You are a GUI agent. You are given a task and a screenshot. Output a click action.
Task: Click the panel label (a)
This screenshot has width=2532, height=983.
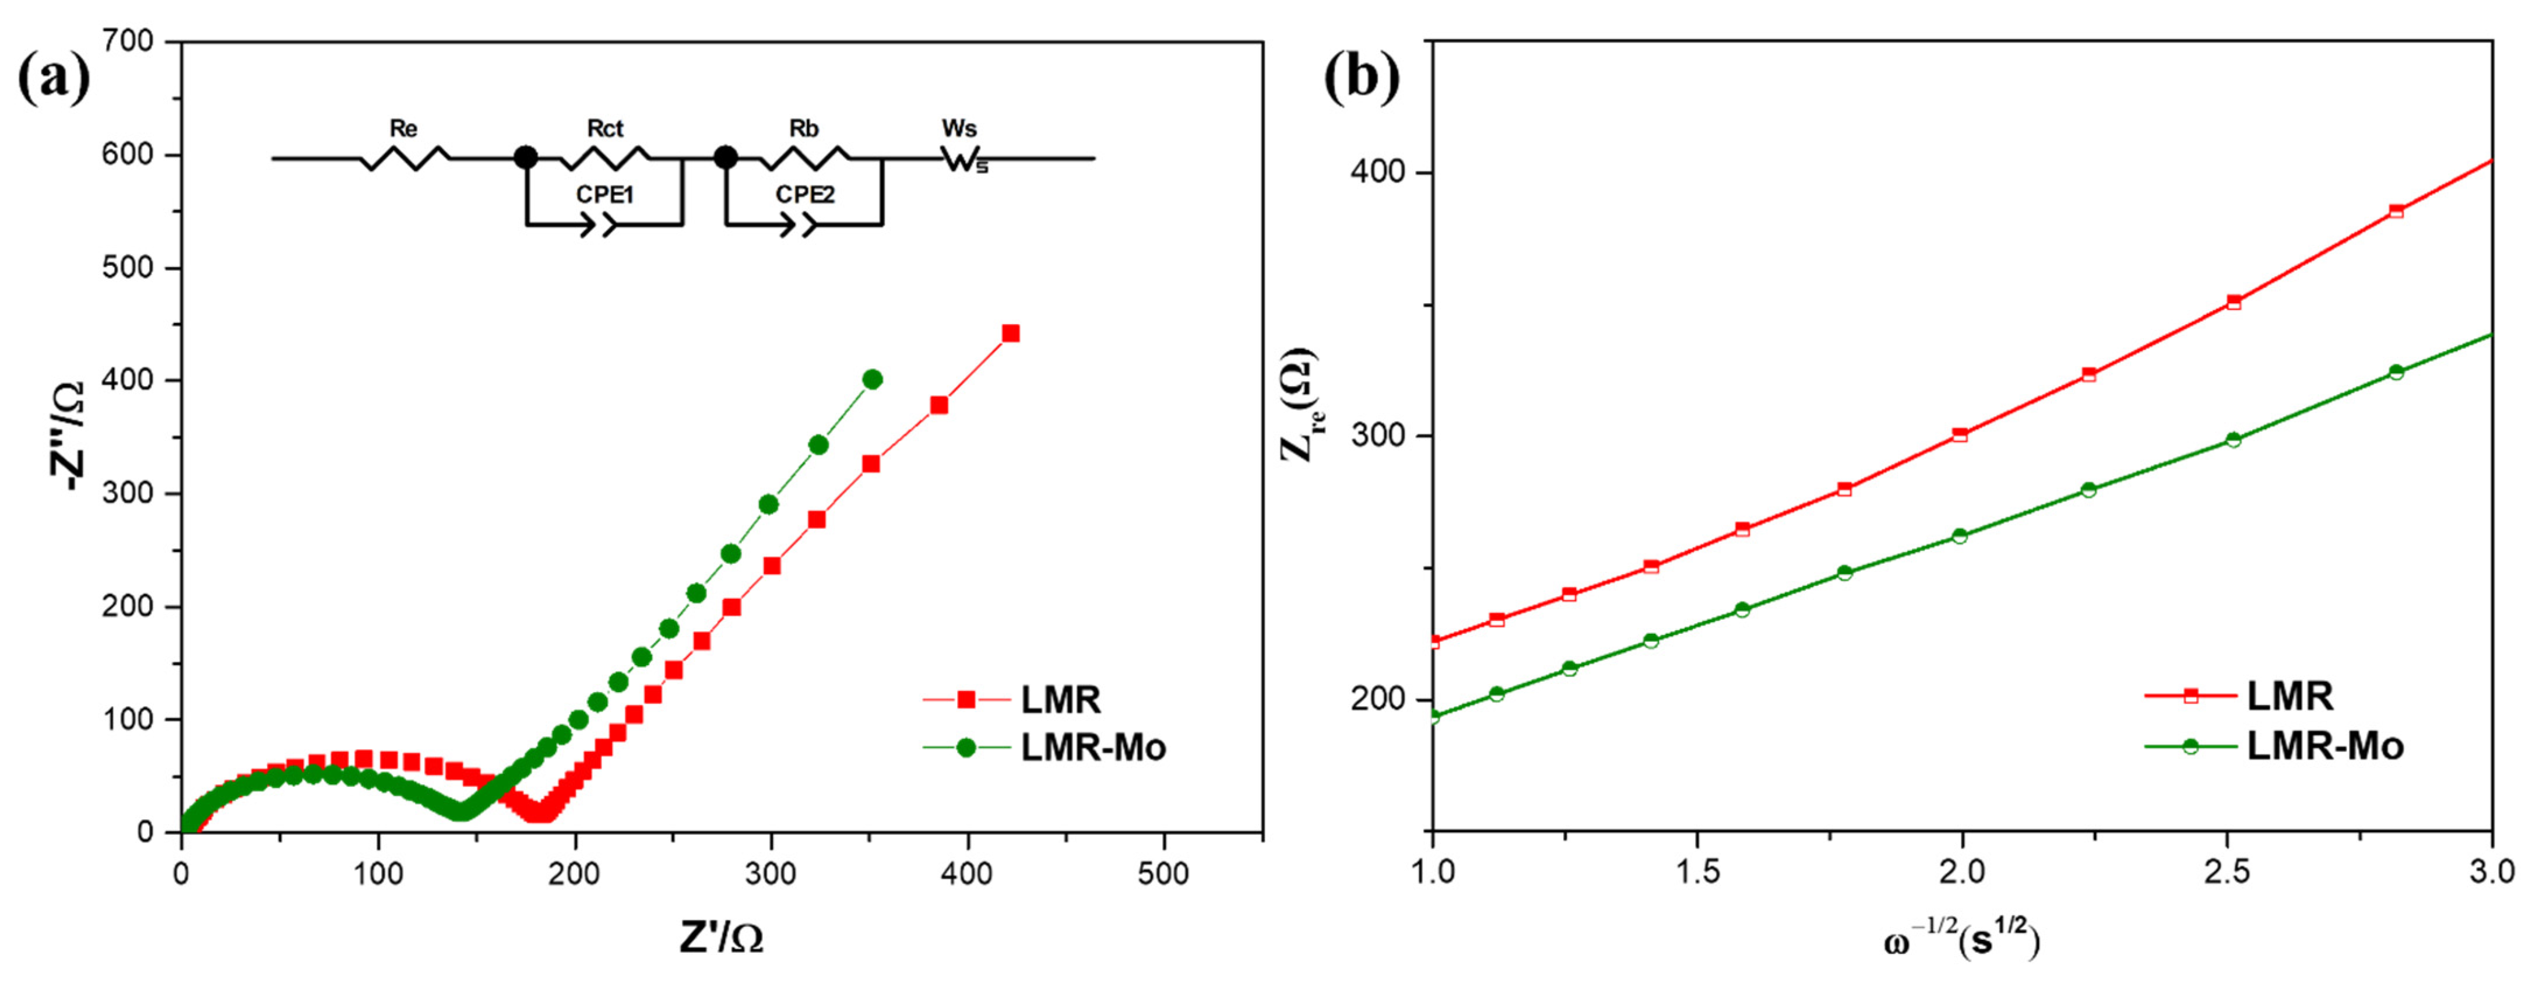(x=54, y=79)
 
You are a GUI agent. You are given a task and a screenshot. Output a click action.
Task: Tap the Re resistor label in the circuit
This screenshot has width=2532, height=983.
(x=403, y=129)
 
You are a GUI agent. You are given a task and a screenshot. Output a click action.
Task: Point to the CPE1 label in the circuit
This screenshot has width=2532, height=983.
(x=604, y=195)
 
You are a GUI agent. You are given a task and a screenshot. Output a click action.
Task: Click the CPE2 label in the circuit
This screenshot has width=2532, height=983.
(x=805, y=195)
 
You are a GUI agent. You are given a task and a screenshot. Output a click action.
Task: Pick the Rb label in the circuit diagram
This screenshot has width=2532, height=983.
(x=804, y=129)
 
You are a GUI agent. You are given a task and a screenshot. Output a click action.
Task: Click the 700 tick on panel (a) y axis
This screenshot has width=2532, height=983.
(x=128, y=41)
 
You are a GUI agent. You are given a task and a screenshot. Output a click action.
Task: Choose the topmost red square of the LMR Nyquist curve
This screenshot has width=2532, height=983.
(x=1011, y=334)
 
